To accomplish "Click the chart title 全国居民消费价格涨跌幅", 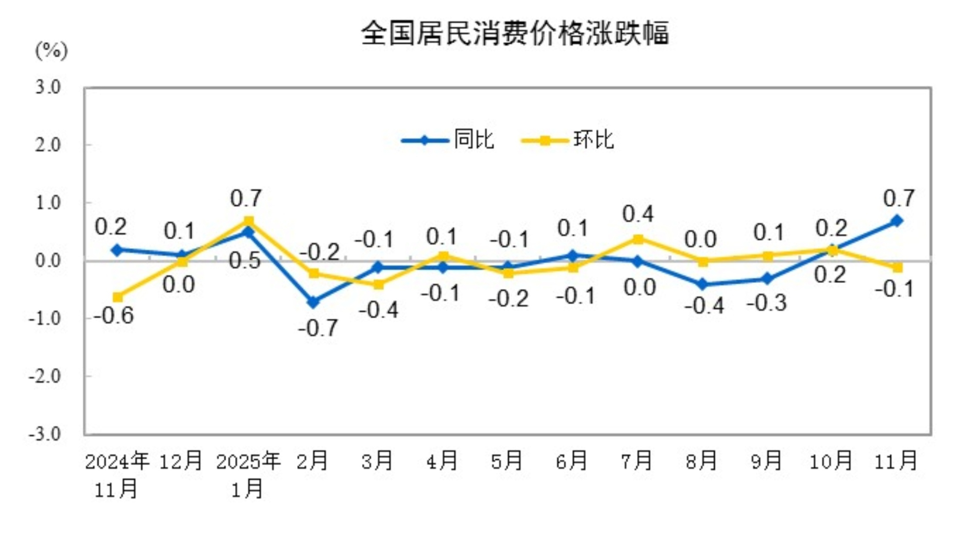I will tap(515, 33).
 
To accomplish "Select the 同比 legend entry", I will tap(448, 140).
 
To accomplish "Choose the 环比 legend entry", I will tap(568, 140).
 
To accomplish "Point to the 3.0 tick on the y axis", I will tap(48, 88).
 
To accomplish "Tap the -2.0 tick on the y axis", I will tap(45, 376).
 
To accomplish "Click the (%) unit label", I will tap(51, 50).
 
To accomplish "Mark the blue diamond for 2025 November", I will tap(897, 221).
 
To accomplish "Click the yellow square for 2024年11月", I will tap(117, 296).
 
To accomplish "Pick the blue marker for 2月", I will tap(313, 302).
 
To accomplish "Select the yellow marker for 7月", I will tap(638, 239).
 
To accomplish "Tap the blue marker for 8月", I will tap(703, 284).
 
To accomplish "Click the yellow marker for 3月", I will tap(378, 284).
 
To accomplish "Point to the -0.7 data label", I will tap(318, 328).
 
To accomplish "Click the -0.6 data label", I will tap(114, 316).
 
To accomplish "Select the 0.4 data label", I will tap(638, 214).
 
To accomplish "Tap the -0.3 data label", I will tap(766, 303).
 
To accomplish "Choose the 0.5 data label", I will tap(245, 261).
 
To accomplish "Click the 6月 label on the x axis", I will tap(572, 460).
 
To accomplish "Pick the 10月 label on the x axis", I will tap(831, 460).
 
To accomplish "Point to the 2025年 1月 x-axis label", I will tap(248, 474).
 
